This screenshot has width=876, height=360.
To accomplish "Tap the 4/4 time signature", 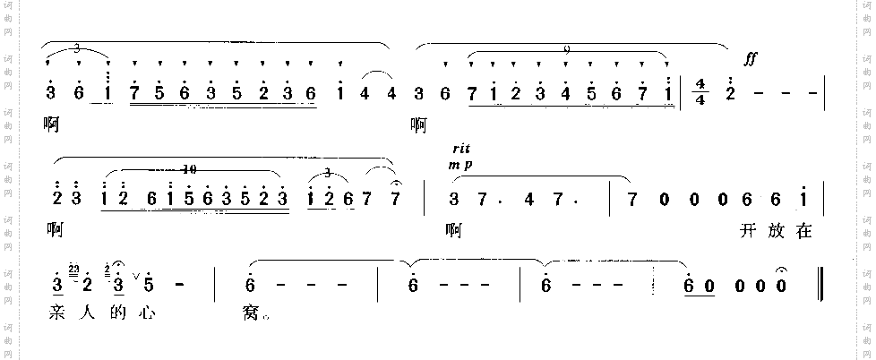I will (x=701, y=91).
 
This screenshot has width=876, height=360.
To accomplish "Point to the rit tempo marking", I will (x=461, y=150).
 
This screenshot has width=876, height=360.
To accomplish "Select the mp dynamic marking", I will (x=462, y=164).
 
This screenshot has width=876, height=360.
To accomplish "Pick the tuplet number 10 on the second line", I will (x=186, y=168).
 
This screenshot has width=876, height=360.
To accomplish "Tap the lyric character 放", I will (x=776, y=231).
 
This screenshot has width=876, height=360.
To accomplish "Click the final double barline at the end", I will (x=821, y=287).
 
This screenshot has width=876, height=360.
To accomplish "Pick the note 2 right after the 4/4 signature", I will (x=730, y=92).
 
